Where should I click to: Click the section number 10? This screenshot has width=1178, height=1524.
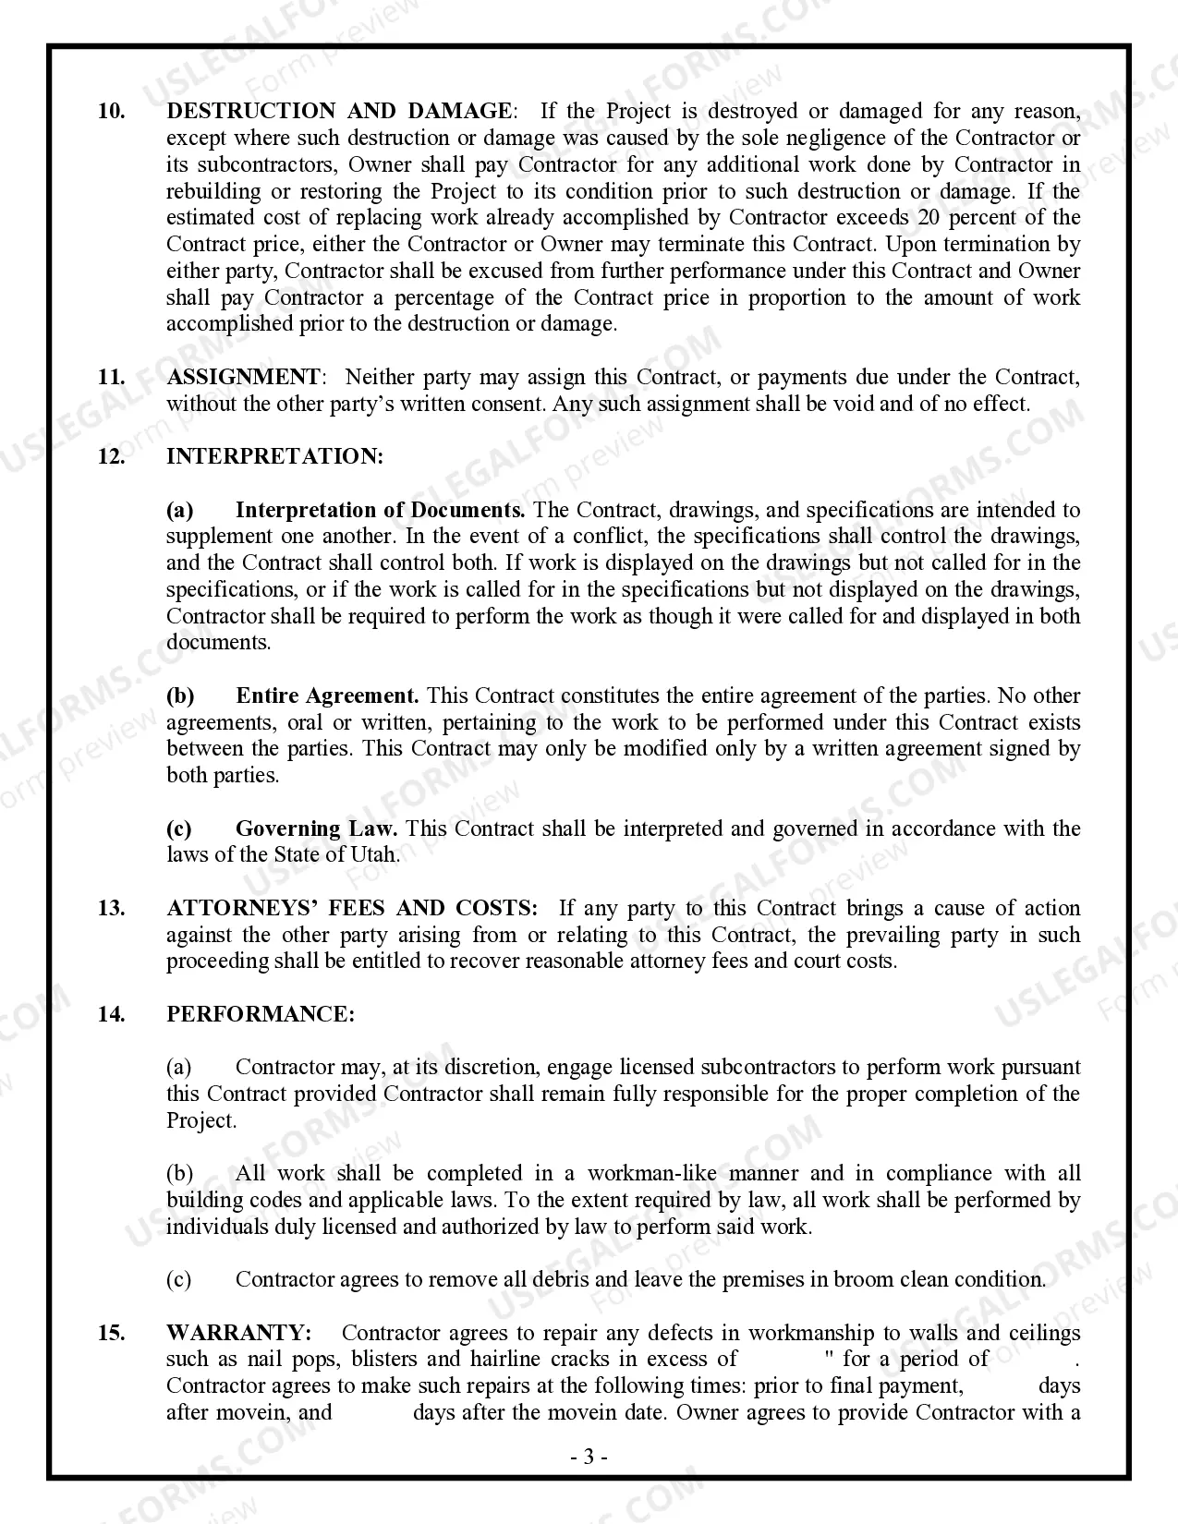click(x=112, y=112)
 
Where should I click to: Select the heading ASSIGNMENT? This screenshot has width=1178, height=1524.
click(x=243, y=378)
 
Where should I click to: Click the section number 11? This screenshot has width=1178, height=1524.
click(x=111, y=378)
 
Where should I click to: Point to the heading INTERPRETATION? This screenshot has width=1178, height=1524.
click(x=274, y=457)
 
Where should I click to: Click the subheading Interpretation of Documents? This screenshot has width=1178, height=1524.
click(x=380, y=510)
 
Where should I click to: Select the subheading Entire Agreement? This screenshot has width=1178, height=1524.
click(x=327, y=696)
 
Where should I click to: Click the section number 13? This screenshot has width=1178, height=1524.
click(x=111, y=909)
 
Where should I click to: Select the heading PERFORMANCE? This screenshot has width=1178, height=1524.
click(x=261, y=1015)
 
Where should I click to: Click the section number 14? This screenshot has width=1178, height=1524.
click(x=111, y=1015)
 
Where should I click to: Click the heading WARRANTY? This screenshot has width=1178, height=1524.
click(x=238, y=1334)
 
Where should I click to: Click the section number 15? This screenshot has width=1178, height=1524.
click(x=111, y=1334)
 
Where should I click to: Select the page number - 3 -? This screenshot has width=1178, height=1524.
click(x=589, y=1457)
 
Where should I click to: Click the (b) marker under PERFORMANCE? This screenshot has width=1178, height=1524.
click(x=180, y=1174)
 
